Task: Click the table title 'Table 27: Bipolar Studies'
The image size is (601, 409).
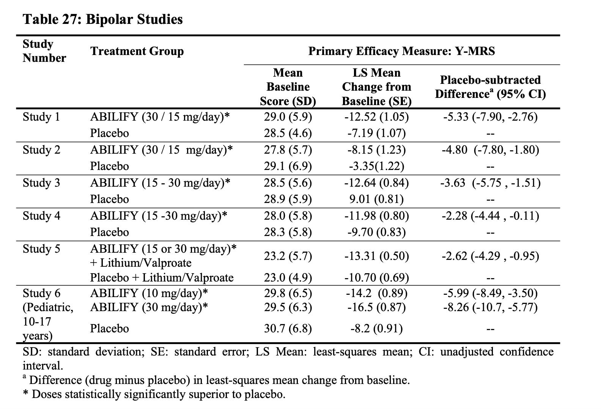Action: [102, 19]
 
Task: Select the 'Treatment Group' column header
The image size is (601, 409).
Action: [137, 51]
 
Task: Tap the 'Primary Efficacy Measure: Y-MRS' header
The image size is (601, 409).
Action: [401, 51]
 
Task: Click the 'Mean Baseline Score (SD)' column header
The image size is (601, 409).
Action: [288, 87]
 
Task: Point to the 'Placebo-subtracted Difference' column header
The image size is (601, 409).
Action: [490, 87]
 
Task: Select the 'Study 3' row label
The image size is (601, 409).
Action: [41, 183]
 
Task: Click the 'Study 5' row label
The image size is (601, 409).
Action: [41, 249]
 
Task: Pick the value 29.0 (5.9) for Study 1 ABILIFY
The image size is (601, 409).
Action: [288, 117]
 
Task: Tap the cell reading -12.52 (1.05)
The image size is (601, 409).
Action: [376, 117]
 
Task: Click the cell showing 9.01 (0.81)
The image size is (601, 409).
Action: [376, 199]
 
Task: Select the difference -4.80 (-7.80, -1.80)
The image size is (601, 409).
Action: [490, 150]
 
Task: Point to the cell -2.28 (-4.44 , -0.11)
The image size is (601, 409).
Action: [490, 216]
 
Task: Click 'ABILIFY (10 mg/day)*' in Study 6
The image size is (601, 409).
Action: [149, 293]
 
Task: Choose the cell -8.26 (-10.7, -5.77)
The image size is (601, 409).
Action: [490, 307]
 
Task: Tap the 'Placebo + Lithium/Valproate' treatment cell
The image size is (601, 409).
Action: [162, 278]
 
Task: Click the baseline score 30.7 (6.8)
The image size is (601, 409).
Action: [288, 329]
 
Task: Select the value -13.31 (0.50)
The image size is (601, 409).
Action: [376, 256]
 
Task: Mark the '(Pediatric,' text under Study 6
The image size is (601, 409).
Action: [48, 307]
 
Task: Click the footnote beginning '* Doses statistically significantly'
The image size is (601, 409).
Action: [154, 395]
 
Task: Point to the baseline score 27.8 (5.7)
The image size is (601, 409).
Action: [288, 150]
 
